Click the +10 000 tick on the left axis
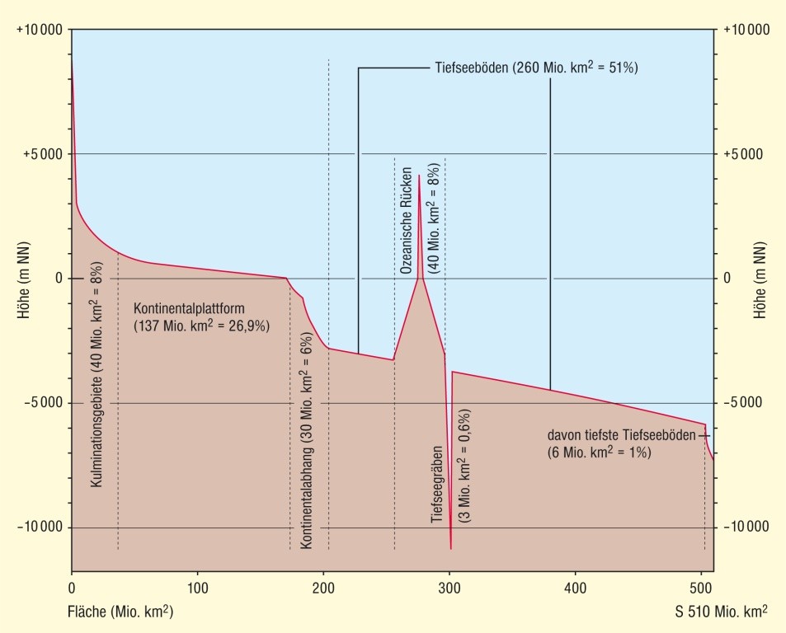pos(40,30)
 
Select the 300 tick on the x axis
pos(449,589)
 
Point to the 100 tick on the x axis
pos(197,589)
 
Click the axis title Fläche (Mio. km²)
pos(120,612)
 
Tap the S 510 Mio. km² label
pos(720,612)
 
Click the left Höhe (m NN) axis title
pos(24,278)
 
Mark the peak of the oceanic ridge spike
pos(419,176)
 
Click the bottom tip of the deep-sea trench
pos(450,547)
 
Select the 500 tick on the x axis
pos(701,589)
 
